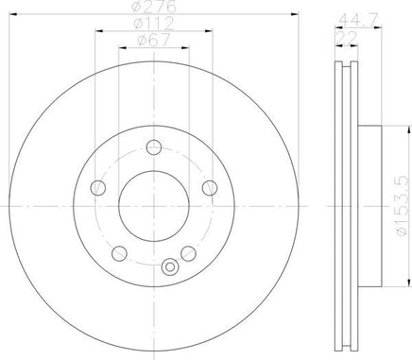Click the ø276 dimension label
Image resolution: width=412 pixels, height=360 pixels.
click(x=154, y=7)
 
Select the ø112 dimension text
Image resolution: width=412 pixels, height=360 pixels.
click(x=154, y=24)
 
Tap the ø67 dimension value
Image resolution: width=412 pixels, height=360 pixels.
click(x=154, y=41)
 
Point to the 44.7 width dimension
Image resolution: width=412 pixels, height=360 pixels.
click(x=357, y=22)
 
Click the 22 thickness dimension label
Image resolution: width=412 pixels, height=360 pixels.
click(x=347, y=38)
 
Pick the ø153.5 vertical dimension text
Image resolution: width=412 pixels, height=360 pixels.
click(x=403, y=205)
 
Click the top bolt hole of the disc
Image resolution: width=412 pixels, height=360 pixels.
click(x=154, y=147)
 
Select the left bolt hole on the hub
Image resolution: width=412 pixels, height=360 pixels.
click(x=98, y=188)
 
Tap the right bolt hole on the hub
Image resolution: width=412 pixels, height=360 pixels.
click(x=210, y=188)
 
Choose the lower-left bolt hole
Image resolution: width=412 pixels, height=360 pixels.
click(x=119, y=253)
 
